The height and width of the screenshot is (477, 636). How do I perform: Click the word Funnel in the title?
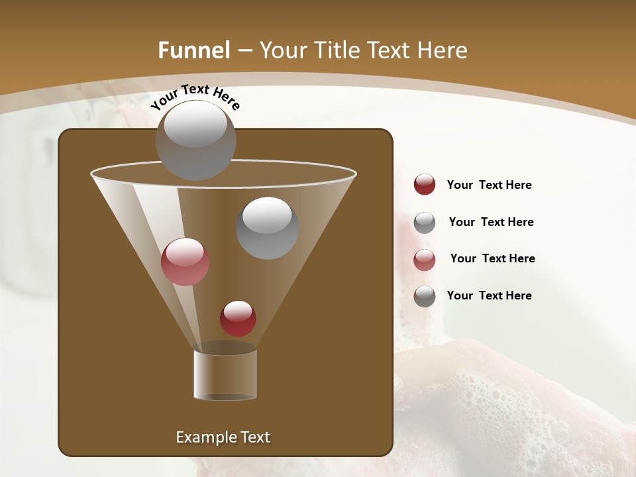pyautogui.click(x=193, y=50)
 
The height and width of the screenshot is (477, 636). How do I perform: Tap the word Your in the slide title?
pyautogui.click(x=282, y=50)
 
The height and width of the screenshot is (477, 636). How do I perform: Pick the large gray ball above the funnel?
pyautogui.click(x=195, y=140)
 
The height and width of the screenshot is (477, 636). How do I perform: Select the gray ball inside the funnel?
pyautogui.click(x=267, y=228)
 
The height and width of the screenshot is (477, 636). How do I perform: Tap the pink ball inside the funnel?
pyautogui.click(x=185, y=262)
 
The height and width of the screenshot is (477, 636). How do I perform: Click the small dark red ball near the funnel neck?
pyautogui.click(x=238, y=318)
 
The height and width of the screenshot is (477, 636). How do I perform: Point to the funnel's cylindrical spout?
pyautogui.click(x=225, y=374)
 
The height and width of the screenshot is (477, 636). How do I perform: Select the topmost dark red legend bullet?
pyautogui.click(x=425, y=185)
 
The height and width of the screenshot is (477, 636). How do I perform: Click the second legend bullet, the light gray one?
pyautogui.click(x=425, y=223)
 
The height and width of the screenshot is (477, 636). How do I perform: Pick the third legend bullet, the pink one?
pyautogui.click(x=425, y=260)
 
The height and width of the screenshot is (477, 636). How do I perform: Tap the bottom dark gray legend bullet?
pyautogui.click(x=425, y=296)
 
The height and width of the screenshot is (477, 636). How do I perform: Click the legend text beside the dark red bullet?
pyautogui.click(x=489, y=185)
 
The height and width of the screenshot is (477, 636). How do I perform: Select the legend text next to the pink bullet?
pyautogui.click(x=492, y=258)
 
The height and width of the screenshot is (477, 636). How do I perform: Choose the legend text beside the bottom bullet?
pyautogui.click(x=489, y=295)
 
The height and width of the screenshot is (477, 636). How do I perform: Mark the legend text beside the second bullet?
pyautogui.click(x=491, y=222)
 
